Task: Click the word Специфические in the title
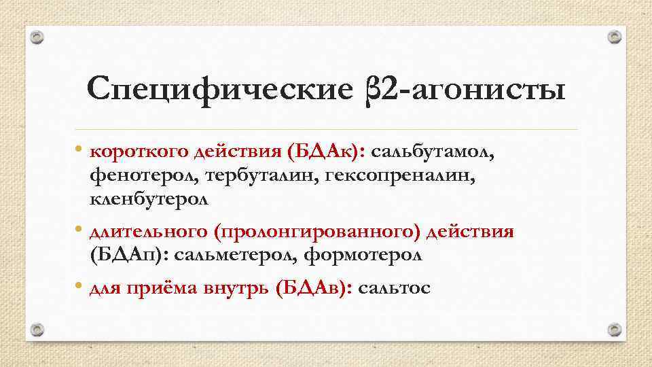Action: pos(216,90)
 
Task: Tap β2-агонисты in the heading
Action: pos(460,90)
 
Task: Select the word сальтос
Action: pos(394,287)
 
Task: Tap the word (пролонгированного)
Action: pos(319,232)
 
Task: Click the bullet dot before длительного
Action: pos(79,229)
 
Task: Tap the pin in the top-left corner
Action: pos(38,37)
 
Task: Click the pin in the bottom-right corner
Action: pos(614,330)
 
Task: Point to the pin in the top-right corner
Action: pos(614,37)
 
